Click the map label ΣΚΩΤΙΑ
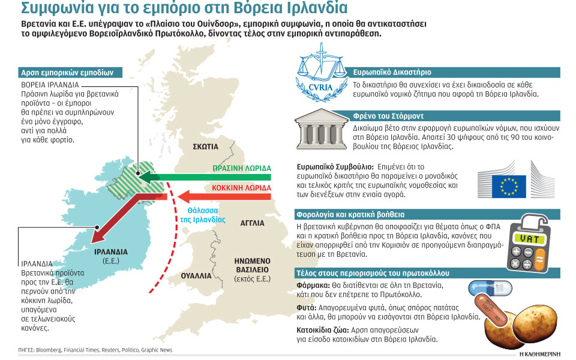click(x=206, y=146)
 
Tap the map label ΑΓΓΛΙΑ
click(x=252, y=223)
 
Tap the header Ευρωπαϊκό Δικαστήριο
click(x=391, y=71)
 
